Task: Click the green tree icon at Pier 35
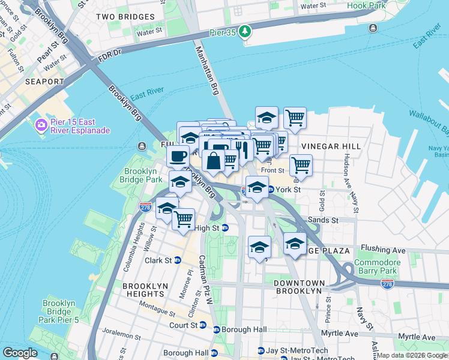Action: tap(245, 31)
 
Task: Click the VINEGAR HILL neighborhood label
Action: tap(331, 146)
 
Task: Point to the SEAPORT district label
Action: tap(44, 81)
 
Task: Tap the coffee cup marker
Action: tap(178, 157)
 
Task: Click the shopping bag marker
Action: tap(213, 161)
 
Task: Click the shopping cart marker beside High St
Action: tap(183, 218)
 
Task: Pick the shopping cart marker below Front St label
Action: tap(300, 164)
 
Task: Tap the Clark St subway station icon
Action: tap(177, 260)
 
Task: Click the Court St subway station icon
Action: tap(202, 326)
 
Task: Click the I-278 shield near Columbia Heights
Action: tap(145, 207)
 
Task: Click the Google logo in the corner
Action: tap(20, 353)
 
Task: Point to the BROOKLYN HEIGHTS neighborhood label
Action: tap(143, 290)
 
